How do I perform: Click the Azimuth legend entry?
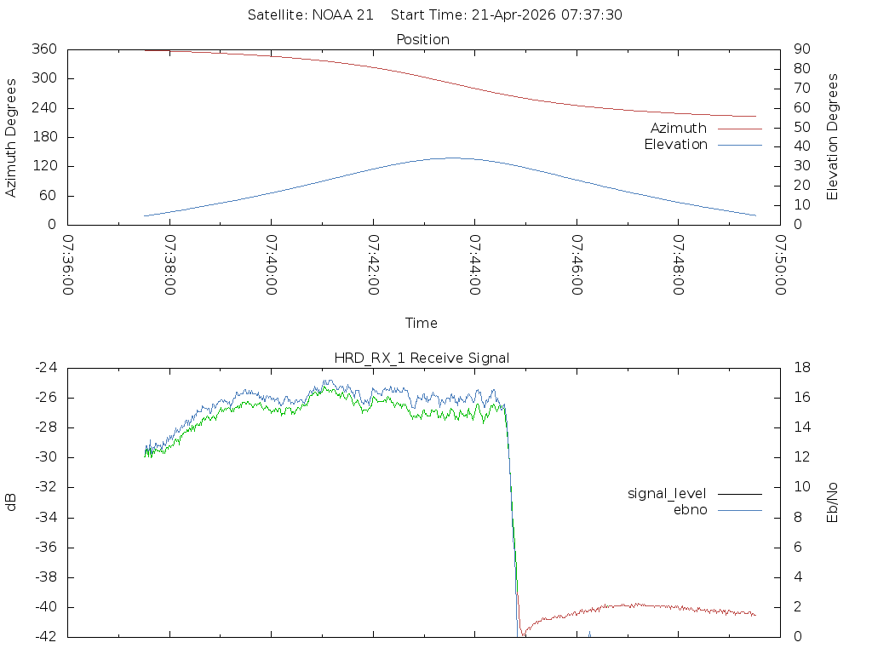(679, 129)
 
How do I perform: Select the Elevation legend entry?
(675, 145)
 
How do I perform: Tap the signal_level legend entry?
(667, 494)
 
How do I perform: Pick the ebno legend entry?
(690, 510)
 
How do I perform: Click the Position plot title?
(423, 40)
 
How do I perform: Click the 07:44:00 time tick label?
(474, 265)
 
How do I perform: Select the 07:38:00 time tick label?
(169, 265)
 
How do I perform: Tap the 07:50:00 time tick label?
(779, 265)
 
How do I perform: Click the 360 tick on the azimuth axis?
(45, 49)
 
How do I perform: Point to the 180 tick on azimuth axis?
(45, 137)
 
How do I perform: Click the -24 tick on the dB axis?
(46, 368)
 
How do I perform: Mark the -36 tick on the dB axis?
(46, 548)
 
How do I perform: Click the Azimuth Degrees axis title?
(12, 137)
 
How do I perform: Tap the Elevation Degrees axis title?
(833, 137)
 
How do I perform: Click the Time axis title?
(422, 324)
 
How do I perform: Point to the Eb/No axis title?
(833, 502)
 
